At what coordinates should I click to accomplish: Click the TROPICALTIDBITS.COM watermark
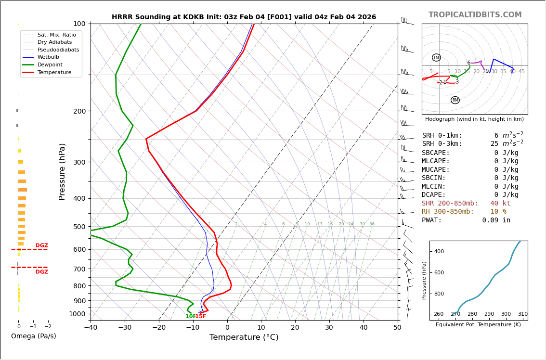pos(475,15)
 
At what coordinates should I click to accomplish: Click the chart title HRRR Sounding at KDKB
pos(244,17)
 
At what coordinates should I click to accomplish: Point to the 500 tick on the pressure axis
pos(79,227)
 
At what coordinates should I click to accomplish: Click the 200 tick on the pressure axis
pos(79,111)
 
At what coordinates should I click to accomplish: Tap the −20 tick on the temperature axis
pos(158,328)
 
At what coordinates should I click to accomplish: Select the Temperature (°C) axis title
pos(244,337)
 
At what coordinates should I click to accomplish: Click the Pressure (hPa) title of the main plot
pos(63,171)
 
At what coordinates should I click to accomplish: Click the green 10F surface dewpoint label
pos(190,316)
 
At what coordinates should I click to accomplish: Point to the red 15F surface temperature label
pos(200,316)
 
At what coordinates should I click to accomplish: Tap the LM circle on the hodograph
pos(436,58)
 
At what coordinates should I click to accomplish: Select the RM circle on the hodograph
pos(455,100)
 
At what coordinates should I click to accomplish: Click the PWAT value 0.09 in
pos(496,220)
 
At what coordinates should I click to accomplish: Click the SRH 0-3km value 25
pos(494,144)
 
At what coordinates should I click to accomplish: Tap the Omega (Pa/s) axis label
pos(33,336)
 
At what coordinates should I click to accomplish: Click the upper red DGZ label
pos(41,245)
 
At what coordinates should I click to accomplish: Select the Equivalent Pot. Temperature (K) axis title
pos(478,324)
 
